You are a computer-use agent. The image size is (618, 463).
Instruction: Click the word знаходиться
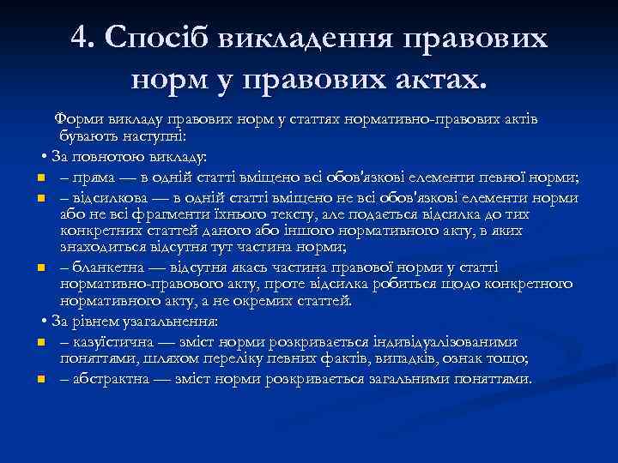point(98,248)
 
